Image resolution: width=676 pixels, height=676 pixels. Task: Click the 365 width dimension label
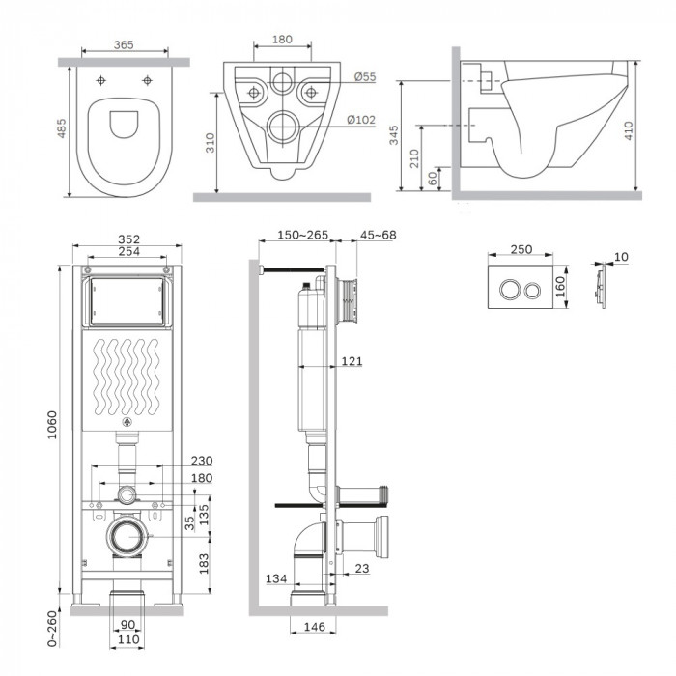pos(124,44)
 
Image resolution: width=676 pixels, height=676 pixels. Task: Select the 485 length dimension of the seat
pos(62,128)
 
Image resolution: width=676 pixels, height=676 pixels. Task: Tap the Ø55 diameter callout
pos(365,76)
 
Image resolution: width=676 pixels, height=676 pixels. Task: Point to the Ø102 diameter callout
pos(361,120)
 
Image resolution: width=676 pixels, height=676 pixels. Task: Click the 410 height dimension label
pos(628,130)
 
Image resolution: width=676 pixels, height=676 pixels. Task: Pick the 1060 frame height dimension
pos(52,425)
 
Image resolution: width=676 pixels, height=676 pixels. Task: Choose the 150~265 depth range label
pos(302,235)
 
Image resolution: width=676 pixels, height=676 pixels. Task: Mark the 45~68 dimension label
pos(379,235)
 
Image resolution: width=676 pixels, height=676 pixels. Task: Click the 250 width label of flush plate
pos(521,249)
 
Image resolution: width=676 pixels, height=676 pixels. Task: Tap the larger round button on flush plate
pos(509,290)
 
